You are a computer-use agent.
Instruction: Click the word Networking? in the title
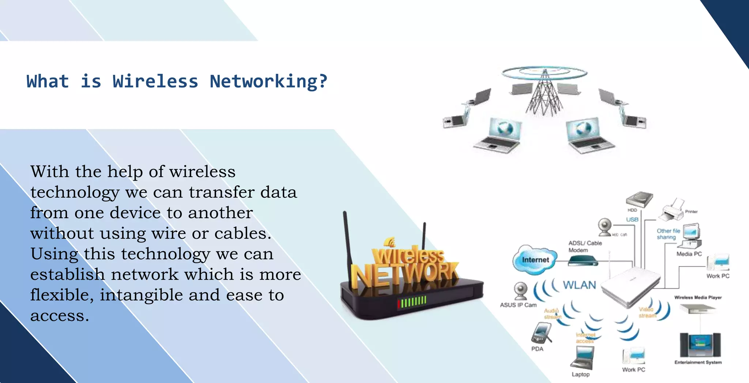point(268,81)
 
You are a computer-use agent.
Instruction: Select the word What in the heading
point(48,81)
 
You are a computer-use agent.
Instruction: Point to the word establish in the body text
point(68,274)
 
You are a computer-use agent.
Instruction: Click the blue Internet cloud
point(535,259)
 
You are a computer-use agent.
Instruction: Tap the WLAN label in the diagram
point(579,285)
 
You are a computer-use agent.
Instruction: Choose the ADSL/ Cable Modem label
point(584,247)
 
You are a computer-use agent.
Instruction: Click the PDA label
point(537,349)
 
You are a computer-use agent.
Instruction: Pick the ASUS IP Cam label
point(518,305)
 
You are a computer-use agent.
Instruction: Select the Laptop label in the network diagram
point(581,374)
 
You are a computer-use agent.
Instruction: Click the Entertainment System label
point(698,362)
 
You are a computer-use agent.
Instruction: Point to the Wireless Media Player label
point(698,297)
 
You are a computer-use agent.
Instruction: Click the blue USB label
point(632,219)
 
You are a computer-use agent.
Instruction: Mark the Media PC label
point(689,254)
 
